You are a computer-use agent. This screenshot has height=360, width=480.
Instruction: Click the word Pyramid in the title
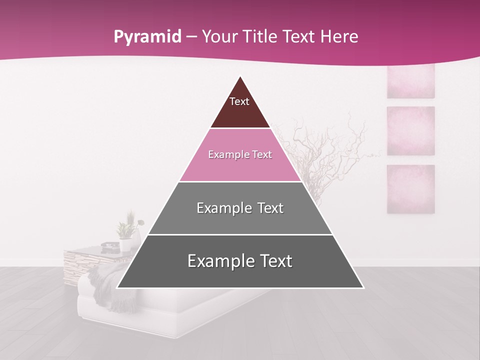[x=147, y=37]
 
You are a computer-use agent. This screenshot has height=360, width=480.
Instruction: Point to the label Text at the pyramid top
[x=239, y=101]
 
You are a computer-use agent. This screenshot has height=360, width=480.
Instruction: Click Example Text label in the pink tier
[x=240, y=154]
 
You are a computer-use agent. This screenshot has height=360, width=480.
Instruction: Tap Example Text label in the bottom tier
[x=240, y=261]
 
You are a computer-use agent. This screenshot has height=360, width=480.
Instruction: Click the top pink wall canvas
[x=410, y=81]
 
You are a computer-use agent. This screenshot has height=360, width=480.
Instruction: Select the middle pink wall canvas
[x=410, y=130]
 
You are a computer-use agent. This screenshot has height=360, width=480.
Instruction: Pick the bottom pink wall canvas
[x=410, y=189]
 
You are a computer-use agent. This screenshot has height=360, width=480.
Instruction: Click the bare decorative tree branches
[x=330, y=145]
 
